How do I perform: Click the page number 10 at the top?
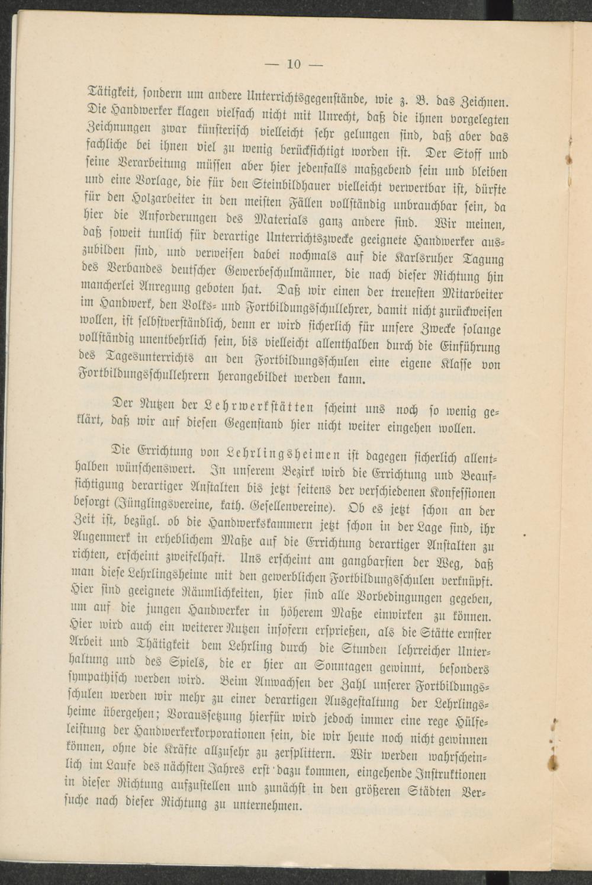294,64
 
